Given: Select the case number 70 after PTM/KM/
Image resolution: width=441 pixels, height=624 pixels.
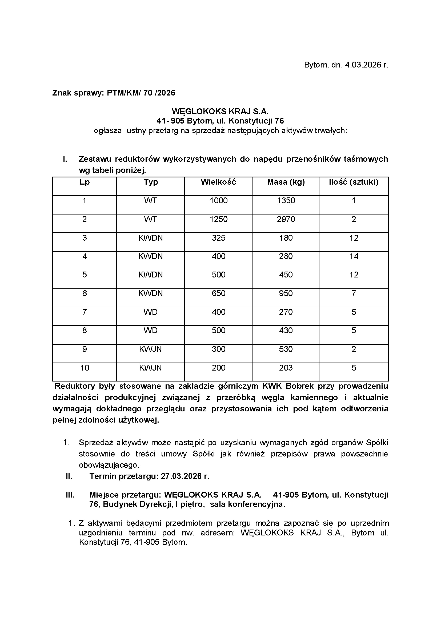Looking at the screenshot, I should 148,93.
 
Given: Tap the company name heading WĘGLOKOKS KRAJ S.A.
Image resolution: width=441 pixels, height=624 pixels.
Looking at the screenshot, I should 220,112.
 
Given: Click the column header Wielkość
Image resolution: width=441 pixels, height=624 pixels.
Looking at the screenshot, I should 218,182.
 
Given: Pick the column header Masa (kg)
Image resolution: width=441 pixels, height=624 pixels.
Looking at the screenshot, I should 286,182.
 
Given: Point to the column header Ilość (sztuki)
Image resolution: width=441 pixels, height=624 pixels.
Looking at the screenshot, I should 354,182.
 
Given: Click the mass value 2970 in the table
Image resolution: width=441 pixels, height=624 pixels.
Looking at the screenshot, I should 286,219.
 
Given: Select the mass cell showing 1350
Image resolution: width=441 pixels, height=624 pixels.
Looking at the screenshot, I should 286,201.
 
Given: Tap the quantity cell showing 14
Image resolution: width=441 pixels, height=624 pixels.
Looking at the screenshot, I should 354,256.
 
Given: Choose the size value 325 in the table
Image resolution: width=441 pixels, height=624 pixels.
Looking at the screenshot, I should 219,238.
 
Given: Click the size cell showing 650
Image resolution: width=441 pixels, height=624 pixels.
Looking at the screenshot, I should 219,293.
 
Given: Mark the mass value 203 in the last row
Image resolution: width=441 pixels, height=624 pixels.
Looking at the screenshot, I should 286,368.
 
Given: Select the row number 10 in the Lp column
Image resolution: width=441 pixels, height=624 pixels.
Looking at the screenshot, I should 85,368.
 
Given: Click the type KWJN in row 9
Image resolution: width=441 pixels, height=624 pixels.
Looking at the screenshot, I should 150,349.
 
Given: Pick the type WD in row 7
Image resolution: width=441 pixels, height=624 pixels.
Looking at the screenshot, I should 150,312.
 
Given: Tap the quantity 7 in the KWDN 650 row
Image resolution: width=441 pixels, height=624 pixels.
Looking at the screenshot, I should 354,293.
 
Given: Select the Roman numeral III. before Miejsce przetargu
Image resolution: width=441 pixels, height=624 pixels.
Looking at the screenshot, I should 70,495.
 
